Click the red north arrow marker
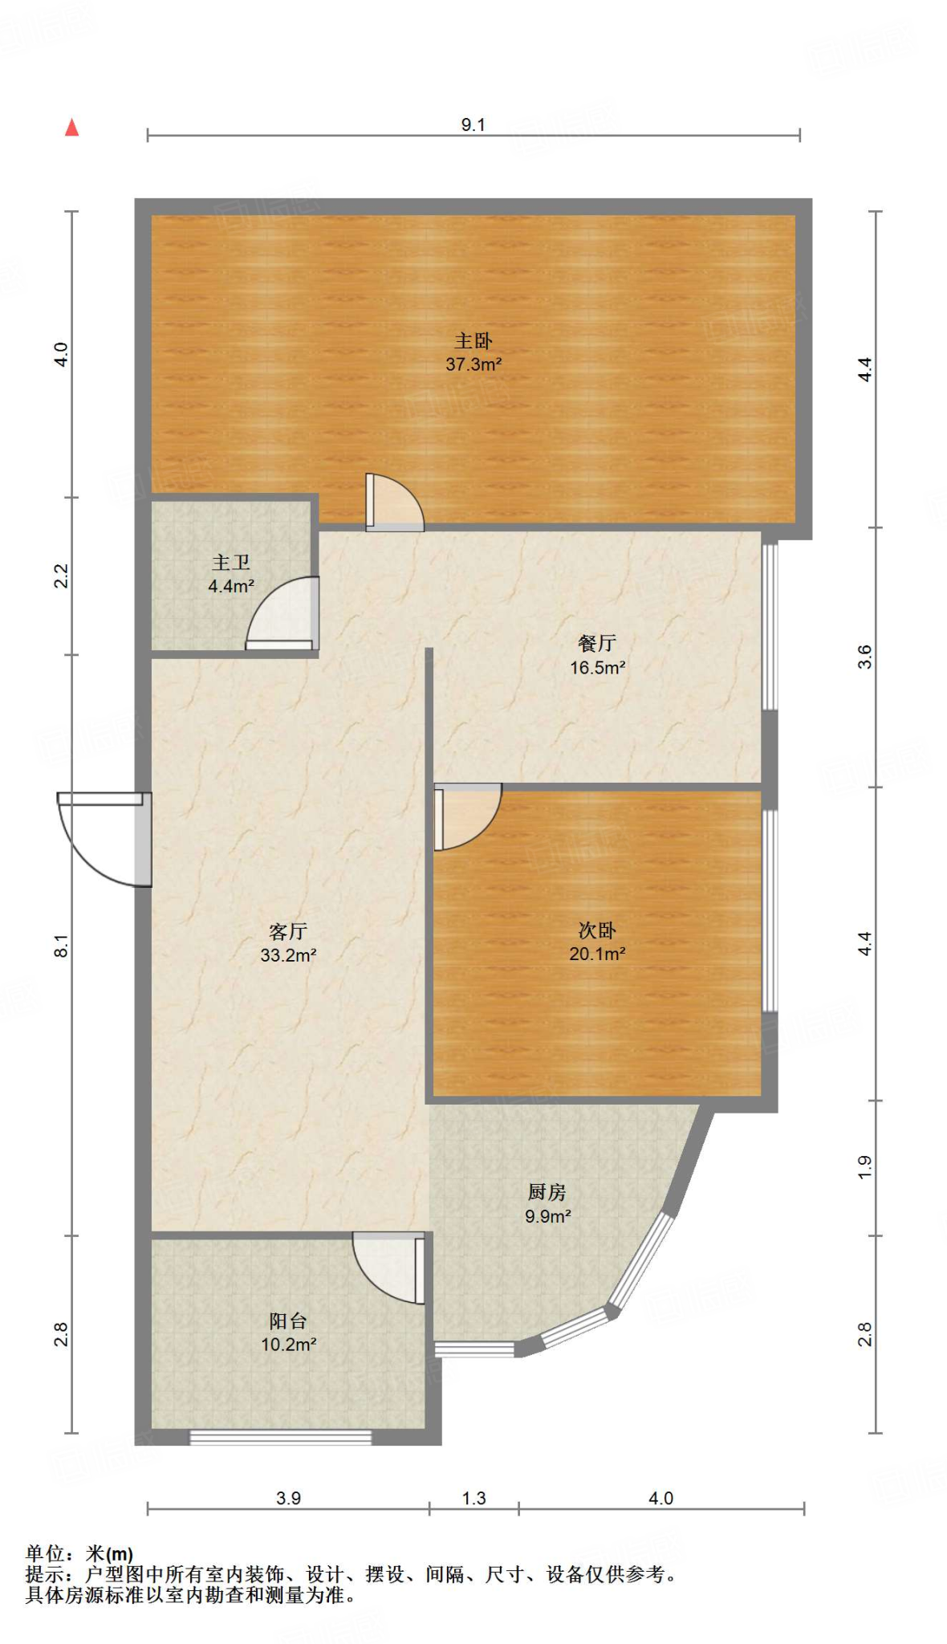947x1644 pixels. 72,128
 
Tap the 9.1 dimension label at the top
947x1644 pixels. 473,124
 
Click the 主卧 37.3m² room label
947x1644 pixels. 473,352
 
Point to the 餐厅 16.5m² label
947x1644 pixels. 597,655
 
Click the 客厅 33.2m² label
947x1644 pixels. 288,943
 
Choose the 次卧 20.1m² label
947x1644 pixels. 597,942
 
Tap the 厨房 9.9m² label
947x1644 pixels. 547,1204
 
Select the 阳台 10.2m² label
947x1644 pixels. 288,1333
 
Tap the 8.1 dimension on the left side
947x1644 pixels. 61,945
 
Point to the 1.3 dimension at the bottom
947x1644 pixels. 473,1498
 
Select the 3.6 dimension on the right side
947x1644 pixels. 864,657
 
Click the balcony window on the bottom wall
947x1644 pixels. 280,1437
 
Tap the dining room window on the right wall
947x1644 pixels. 770,626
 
